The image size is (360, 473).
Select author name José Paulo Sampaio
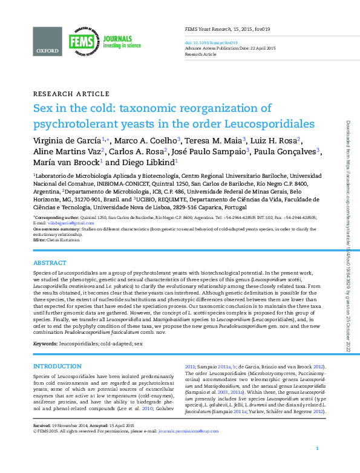point(208,151)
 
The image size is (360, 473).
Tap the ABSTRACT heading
point(50,264)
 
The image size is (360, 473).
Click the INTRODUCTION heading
point(57,367)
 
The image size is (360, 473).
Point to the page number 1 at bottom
point(317,465)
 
